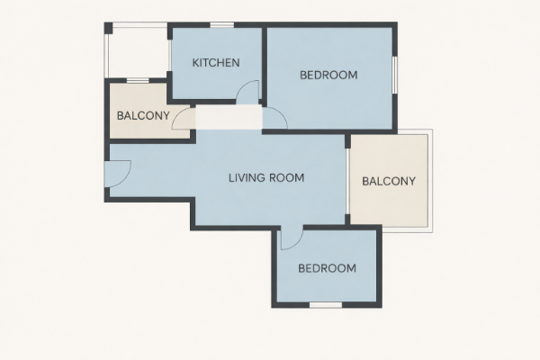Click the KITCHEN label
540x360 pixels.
pyautogui.click(x=216, y=63)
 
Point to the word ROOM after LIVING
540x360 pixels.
pyautogui.click(x=286, y=178)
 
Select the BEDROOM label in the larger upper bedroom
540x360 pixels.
pyautogui.click(x=328, y=75)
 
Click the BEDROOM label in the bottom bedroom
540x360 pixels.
pyautogui.click(x=328, y=268)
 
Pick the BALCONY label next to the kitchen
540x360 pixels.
pyautogui.click(x=143, y=116)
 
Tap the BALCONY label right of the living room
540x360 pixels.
pyautogui.click(x=389, y=181)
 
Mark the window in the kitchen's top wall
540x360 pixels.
pyautogui.click(x=222, y=25)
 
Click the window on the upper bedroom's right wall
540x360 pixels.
pyautogui.click(x=395, y=75)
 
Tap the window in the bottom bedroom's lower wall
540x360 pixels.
pyautogui.click(x=326, y=305)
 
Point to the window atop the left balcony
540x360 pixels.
pyautogui.click(x=138, y=81)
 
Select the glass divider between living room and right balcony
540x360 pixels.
pyautogui.click(x=347, y=182)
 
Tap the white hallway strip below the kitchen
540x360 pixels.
pyautogui.click(x=229, y=117)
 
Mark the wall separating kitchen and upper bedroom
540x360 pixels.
pyautogui.click(x=264, y=64)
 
